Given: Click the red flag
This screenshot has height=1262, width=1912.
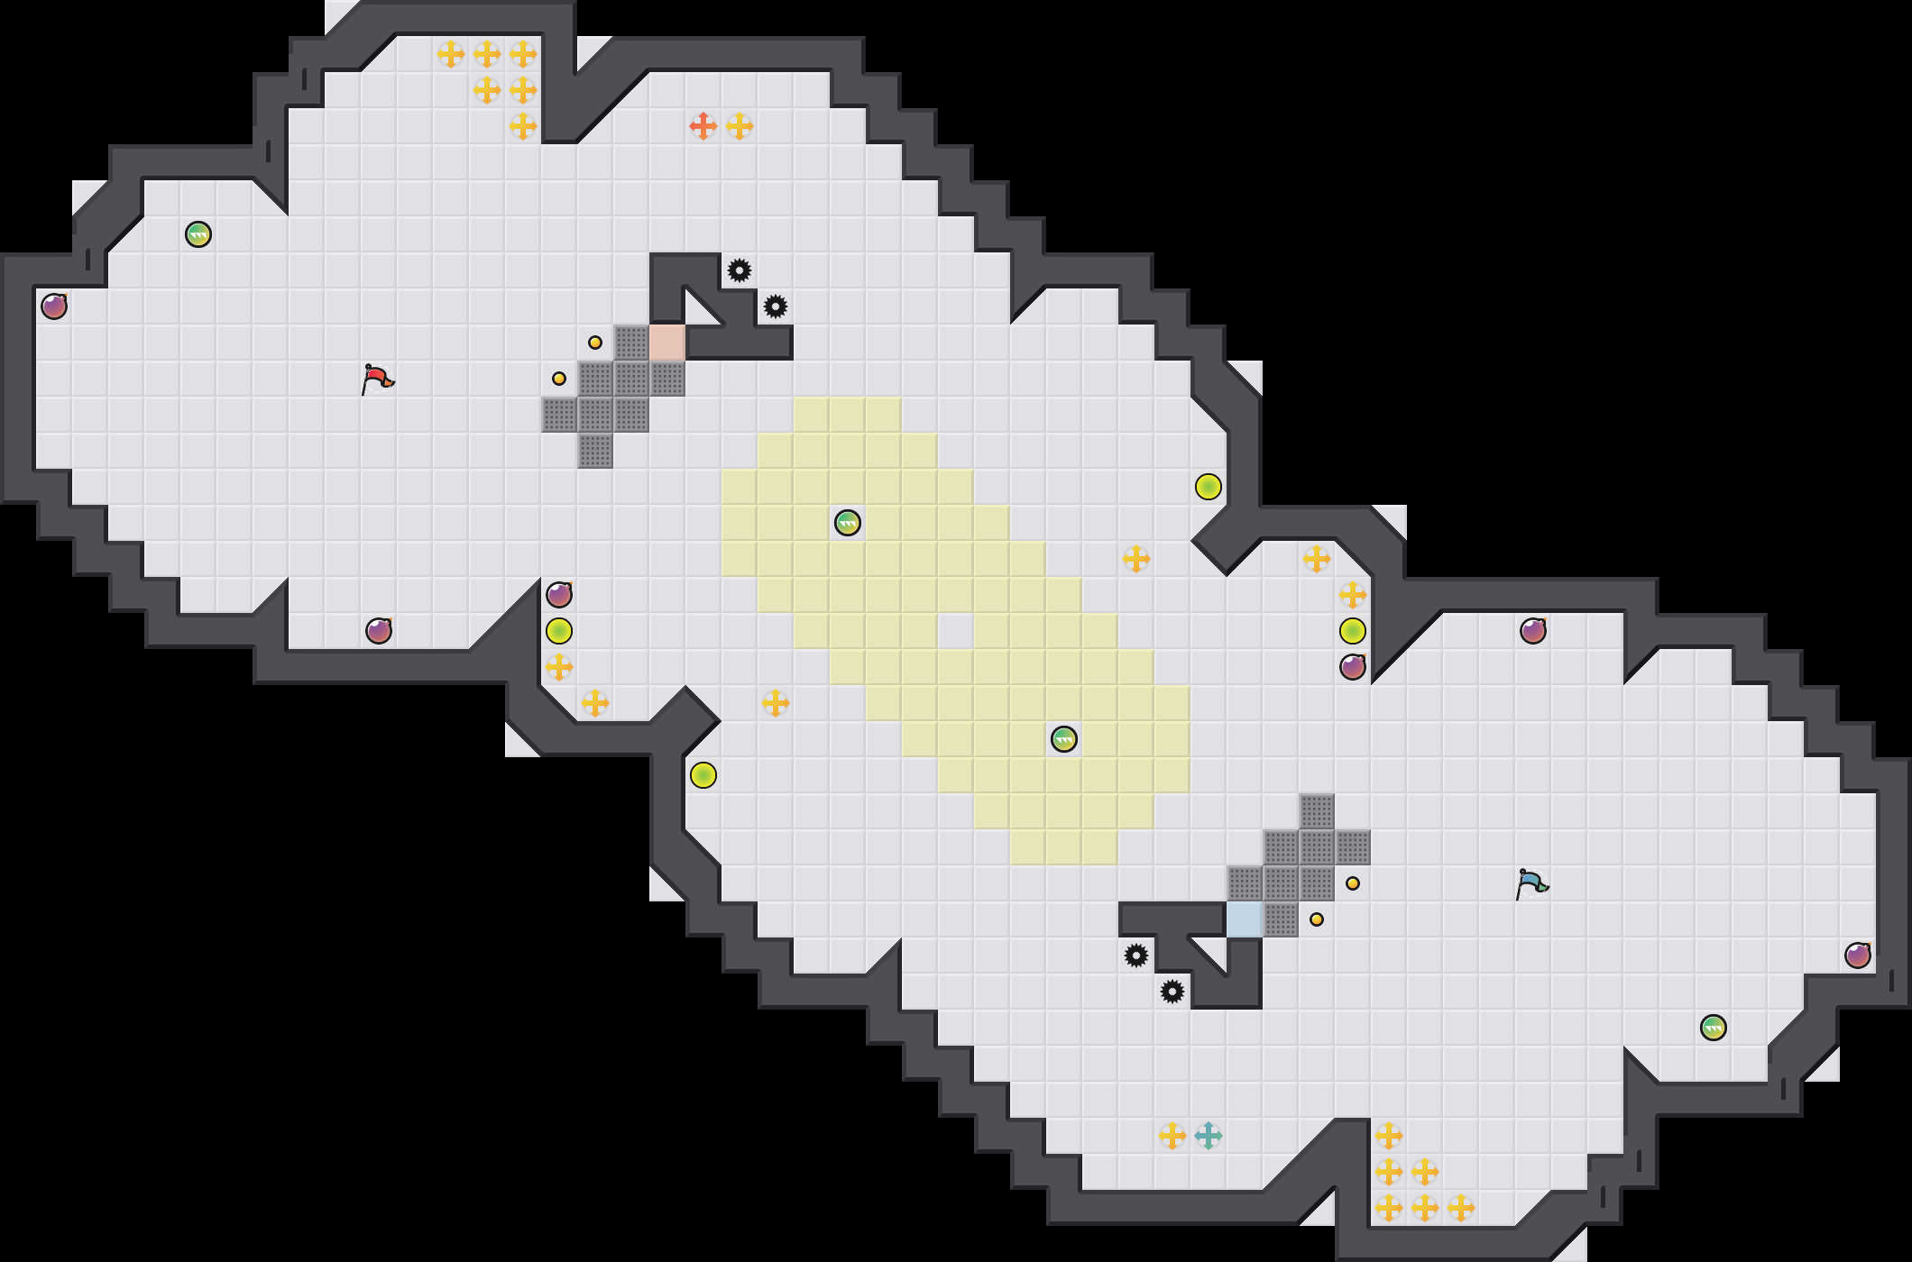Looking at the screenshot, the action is (377, 379).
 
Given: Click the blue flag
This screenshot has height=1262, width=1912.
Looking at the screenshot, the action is (1531, 883).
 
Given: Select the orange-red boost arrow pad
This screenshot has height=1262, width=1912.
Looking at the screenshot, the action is (703, 126).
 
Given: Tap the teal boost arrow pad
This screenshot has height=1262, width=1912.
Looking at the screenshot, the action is (1209, 1136).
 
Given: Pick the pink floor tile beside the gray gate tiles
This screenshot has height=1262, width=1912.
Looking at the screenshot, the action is (667, 343).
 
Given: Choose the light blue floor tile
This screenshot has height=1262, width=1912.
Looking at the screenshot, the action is (1245, 919).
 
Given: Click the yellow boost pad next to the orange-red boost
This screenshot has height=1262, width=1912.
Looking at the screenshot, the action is (740, 126).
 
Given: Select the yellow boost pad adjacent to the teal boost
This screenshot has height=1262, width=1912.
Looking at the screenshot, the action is (1172, 1136).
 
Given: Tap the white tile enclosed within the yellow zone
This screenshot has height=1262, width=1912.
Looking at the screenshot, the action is (956, 631).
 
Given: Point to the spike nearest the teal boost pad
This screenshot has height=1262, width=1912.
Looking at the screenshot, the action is (1172, 992).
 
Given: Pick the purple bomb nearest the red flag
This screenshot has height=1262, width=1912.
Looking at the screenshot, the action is (379, 631).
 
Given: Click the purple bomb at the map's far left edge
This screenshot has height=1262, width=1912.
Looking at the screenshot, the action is (54, 306).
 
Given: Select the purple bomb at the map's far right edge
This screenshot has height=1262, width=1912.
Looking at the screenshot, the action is (1858, 956).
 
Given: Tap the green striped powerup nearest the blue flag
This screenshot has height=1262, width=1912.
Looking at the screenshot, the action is (1714, 1028).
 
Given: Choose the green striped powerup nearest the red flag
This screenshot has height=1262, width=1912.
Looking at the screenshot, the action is (198, 234).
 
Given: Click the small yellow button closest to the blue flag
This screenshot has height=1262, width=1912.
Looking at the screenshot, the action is (1353, 883).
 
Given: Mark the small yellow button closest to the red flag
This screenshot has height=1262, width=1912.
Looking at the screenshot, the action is (559, 379).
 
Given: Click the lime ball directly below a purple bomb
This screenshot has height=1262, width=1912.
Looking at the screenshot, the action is (559, 631).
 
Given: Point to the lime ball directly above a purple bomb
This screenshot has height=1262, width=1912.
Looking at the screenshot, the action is (1353, 631).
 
